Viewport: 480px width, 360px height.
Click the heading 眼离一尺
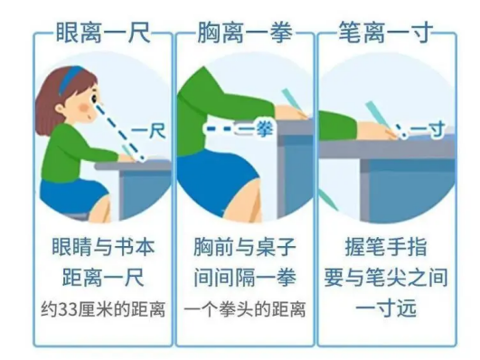click(103, 32)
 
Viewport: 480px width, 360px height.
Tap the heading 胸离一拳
click(245, 32)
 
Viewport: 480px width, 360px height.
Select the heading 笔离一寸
click(386, 32)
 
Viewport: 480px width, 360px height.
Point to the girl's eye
click(94, 99)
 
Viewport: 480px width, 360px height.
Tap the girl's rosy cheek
click(83, 108)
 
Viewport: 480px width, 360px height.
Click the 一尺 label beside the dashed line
click(148, 131)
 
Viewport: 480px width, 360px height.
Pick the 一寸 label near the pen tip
click(428, 130)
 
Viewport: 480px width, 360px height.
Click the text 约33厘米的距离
click(103, 309)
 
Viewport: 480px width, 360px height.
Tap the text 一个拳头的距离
click(245, 309)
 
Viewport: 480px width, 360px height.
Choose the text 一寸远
click(386, 308)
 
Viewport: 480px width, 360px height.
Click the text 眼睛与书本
click(103, 247)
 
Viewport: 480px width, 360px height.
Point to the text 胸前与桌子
click(245, 247)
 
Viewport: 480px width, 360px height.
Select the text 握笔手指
click(386, 247)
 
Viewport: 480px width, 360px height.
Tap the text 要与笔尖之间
click(386, 278)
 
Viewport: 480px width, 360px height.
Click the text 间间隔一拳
click(245, 278)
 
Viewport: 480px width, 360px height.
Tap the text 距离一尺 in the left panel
click(103, 278)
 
